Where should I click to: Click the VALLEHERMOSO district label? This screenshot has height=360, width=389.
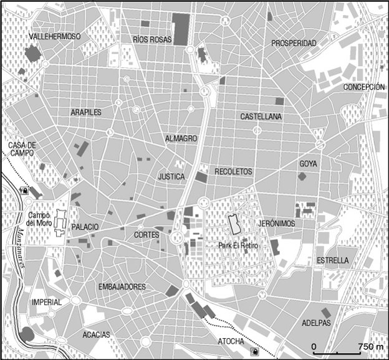pos(55,37)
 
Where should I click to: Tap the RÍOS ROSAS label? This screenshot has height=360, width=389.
pos(151,39)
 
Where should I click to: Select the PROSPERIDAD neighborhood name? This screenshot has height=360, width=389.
pos(294,43)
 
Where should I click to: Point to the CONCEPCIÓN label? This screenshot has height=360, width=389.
pos(364,87)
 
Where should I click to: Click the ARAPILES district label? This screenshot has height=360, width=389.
pos(86,112)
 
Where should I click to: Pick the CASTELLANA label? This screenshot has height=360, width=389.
pos(261,116)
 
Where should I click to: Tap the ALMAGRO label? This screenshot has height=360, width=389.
pos(181,138)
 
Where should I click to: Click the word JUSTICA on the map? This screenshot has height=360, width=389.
pos(171,177)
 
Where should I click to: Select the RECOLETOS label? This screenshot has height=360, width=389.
pos(233,171)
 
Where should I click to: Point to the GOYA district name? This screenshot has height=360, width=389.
pos(309,164)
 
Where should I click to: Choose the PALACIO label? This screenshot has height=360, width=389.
pos(85,227)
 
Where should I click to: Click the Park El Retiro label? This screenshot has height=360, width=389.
pos(238,246)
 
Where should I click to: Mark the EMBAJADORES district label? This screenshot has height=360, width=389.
pos(122,287)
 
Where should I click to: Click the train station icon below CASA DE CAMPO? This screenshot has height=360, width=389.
pos(24,191)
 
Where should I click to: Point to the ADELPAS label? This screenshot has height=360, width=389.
pos(316,323)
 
